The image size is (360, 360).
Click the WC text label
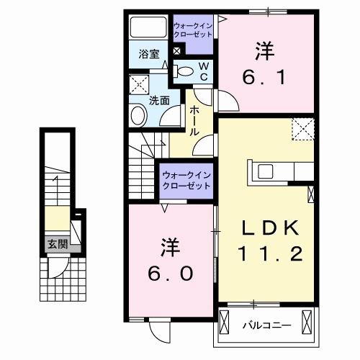point(203,71)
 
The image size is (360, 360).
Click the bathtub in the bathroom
point(148,28)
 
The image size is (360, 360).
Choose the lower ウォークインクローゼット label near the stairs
point(186,179)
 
